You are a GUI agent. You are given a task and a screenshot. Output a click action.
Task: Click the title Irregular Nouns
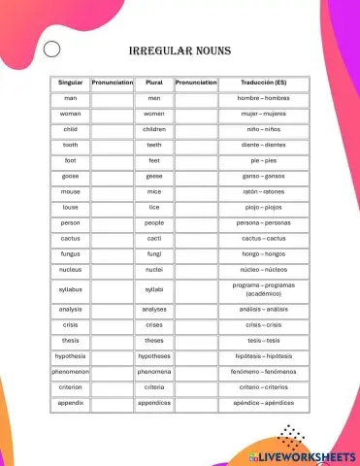(180, 50)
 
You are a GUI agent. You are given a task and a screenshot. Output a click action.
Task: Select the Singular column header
(71, 83)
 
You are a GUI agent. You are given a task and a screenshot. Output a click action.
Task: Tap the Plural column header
(153, 83)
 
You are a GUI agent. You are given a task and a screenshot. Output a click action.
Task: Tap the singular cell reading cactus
(71, 238)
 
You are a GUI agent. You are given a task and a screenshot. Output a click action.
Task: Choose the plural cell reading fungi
(153, 253)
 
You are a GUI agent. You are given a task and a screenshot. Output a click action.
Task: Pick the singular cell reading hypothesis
(71, 356)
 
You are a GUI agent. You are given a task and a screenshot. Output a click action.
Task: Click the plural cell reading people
(153, 222)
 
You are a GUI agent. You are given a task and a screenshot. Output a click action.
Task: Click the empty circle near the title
(52, 50)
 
